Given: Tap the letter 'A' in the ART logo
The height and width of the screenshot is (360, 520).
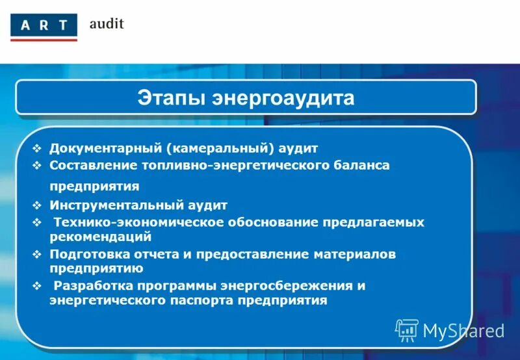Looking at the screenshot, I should point(23,27).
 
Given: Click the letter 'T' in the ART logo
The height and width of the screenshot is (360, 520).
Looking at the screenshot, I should point(63,27).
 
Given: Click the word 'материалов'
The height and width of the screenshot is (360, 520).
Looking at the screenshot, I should point(356,254).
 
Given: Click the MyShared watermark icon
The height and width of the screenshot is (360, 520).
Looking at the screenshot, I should point(406,331).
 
